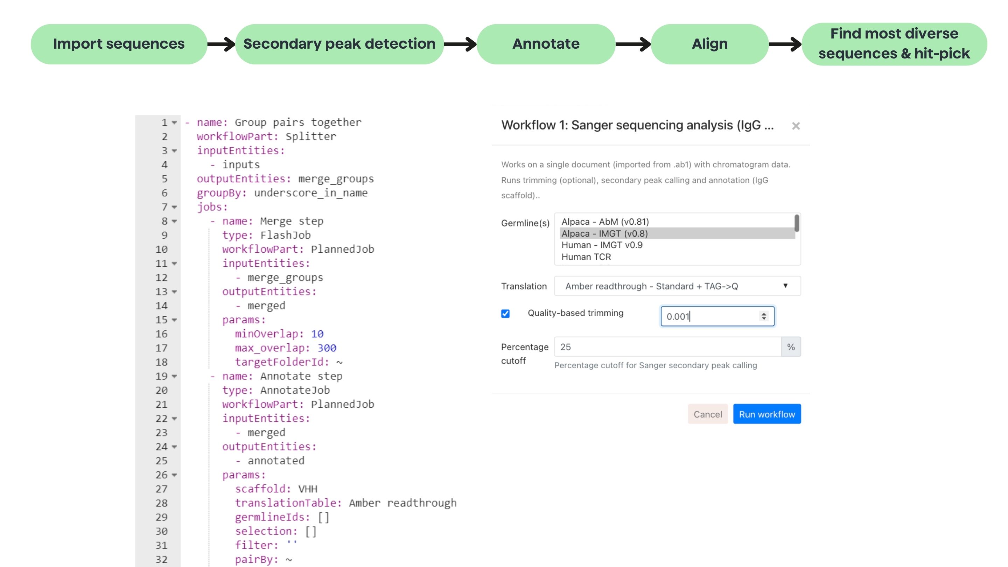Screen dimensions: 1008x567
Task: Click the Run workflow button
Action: pyautogui.click(x=766, y=414)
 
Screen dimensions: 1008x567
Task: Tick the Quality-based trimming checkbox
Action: pyautogui.click(x=505, y=314)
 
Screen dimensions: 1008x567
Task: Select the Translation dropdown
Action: pyautogui.click(x=677, y=286)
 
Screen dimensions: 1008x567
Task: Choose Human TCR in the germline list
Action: pyautogui.click(x=586, y=257)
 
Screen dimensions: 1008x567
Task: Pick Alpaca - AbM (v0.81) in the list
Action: pyautogui.click(x=605, y=222)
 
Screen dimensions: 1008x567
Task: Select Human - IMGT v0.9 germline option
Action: pyautogui.click(x=602, y=245)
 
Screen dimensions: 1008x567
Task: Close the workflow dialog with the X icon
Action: pyautogui.click(x=796, y=126)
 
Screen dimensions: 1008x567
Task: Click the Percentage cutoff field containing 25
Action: pyautogui.click(x=667, y=347)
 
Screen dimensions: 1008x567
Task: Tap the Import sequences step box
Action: pyautogui.click(x=119, y=44)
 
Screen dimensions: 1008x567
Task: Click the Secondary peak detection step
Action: pyautogui.click(x=339, y=44)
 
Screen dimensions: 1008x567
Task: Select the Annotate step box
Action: pyautogui.click(x=546, y=44)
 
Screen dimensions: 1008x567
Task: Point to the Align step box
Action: pyautogui.click(x=709, y=44)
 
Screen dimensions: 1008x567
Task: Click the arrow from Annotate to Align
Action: pyautogui.click(x=633, y=44)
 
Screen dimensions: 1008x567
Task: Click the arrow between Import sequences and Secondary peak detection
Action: pyautogui.click(x=221, y=44)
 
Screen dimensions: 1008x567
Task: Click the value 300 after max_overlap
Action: pyautogui.click(x=327, y=348)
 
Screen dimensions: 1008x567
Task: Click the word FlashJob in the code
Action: pyautogui.click(x=285, y=235)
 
